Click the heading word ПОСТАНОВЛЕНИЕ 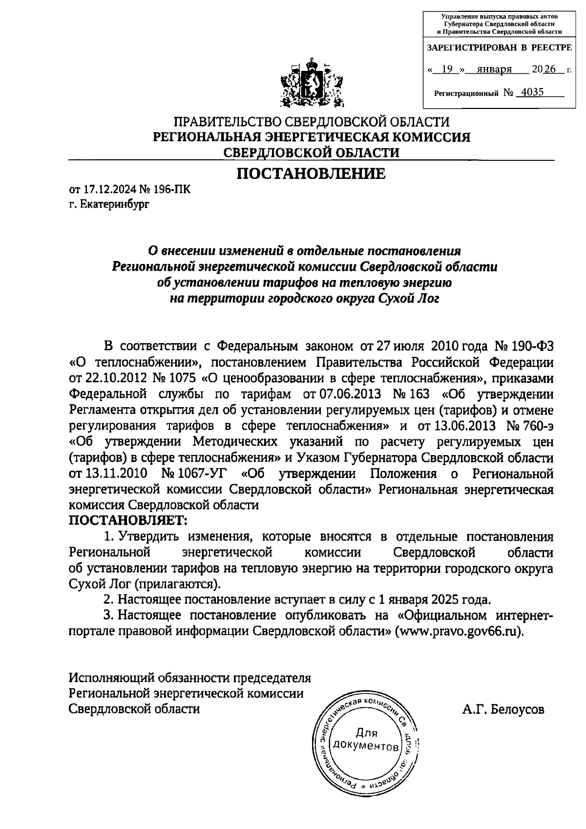click(x=311, y=174)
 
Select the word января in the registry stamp click(x=494, y=69)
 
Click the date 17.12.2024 click(x=104, y=190)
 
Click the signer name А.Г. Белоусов click(x=503, y=709)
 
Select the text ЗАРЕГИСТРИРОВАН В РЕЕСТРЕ click(x=499, y=48)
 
